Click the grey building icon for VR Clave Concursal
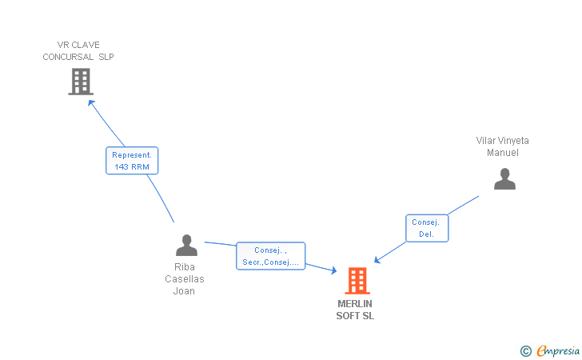[x=80, y=82]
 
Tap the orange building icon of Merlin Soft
[x=357, y=281]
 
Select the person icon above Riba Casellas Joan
[x=186, y=246]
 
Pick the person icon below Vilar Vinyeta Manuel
[x=504, y=178]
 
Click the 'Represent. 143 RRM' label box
[x=133, y=160]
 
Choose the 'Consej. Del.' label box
[x=427, y=228]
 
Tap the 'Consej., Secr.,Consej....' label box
[x=270, y=256]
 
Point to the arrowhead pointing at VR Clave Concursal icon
[x=91, y=102]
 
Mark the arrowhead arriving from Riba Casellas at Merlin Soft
[x=333, y=272]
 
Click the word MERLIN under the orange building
[x=355, y=304]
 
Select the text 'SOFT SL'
[x=355, y=316]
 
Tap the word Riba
[x=185, y=267]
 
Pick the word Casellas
[x=185, y=279]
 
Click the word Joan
[x=185, y=291]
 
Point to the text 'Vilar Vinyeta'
[x=502, y=141]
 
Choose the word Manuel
[x=503, y=153]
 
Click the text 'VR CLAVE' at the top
[x=78, y=45]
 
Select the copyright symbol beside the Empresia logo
[x=525, y=350]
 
